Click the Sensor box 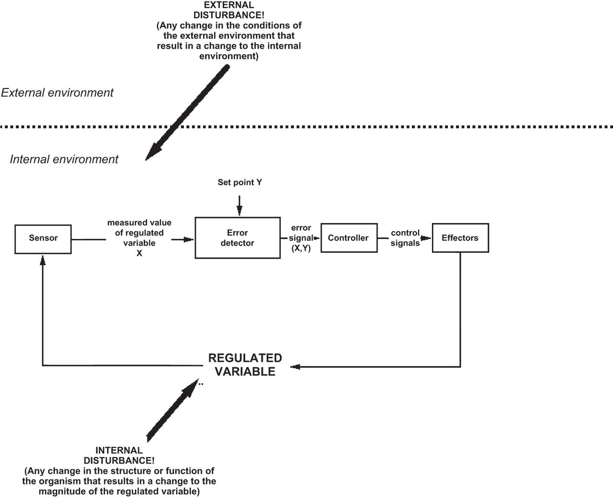point(43,238)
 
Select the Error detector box point(238,238)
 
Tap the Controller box point(349,238)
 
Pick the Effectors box point(460,238)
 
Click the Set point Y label point(239,182)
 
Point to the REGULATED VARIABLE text point(245,365)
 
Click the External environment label point(57,93)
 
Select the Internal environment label point(64,159)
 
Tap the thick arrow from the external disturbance point(187,113)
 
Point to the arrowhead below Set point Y point(239,211)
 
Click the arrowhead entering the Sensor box point(43,260)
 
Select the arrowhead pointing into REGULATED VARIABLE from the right point(295,367)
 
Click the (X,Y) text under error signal point(301,248)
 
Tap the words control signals point(405,238)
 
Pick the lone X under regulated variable point(139,253)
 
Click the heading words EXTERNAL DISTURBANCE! point(228,10)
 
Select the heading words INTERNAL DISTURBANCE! point(119,455)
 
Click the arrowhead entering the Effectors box point(426,238)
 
